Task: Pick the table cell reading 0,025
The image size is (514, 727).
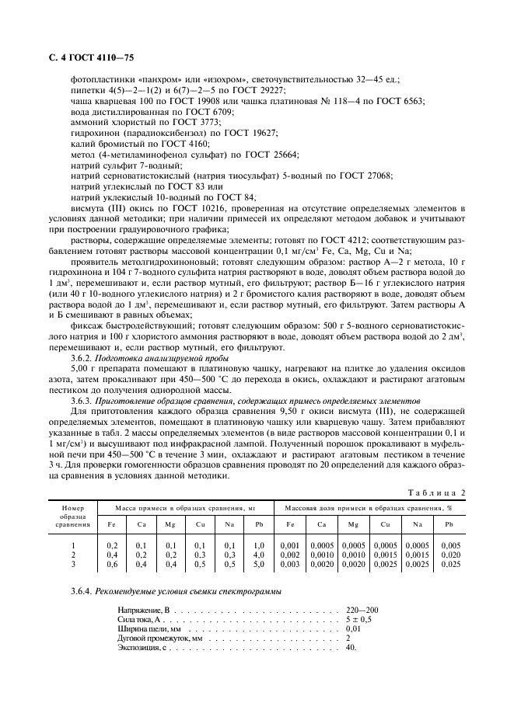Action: [449, 563]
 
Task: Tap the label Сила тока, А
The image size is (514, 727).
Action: [139, 620]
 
